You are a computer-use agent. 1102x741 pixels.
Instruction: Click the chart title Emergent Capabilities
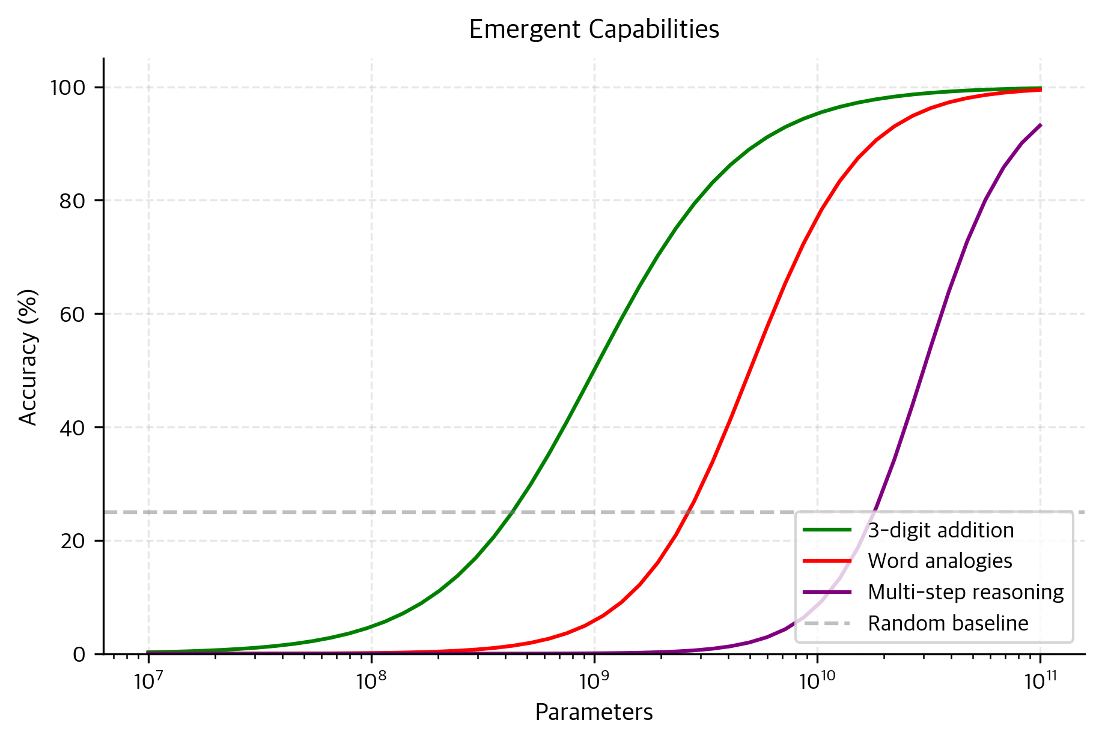pos(594,29)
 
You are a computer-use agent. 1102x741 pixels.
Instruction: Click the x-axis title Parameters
pos(594,712)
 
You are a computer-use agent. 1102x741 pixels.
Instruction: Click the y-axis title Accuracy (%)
pos(28,357)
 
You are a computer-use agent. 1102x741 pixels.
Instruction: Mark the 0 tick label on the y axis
pos(79,654)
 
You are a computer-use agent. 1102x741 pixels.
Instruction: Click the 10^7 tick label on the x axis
pos(148,681)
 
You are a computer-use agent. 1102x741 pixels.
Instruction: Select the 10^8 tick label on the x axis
pos(371,681)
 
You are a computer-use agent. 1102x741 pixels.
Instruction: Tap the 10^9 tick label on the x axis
pos(594,681)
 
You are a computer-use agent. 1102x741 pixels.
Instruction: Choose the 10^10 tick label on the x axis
pos(817,681)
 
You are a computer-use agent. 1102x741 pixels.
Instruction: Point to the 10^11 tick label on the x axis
pos(1040,681)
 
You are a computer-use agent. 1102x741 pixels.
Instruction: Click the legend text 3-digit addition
pos(940,530)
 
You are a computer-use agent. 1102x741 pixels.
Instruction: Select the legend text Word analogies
pos(940,561)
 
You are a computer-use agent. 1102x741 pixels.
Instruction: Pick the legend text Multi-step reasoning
pos(966,592)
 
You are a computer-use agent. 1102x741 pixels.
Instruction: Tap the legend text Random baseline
pos(948,623)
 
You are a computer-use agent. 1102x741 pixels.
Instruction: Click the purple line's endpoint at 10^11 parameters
pos(1040,125)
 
